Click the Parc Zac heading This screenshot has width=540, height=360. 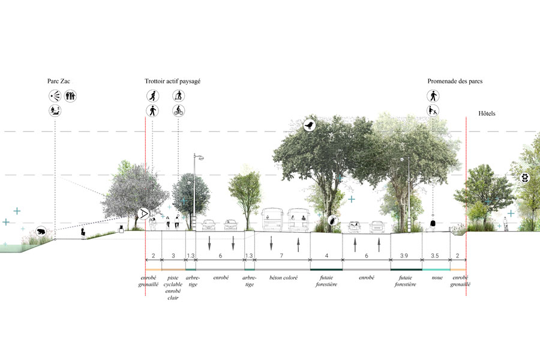pos(59,82)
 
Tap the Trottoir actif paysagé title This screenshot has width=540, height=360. pos(173,82)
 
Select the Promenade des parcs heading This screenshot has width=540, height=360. pos(455,82)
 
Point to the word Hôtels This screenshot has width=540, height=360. pos(487,113)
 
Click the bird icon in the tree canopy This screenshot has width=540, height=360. pos(310,125)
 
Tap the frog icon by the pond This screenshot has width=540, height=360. pos(41,232)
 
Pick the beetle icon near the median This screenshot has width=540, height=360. pos(333,220)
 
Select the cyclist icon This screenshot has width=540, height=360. pos(178,110)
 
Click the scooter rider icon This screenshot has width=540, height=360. pos(178,95)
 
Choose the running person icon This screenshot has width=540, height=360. pos(152,95)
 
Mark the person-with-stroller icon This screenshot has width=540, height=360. pos(433,110)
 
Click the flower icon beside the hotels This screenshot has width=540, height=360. pos(525,178)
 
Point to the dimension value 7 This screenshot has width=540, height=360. pos(281,256)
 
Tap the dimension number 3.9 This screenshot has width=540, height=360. pos(404,256)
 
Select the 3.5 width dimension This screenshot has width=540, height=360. pos(434,256)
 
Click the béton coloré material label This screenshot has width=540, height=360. pos(283,278)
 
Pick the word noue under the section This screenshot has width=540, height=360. pos(437,278)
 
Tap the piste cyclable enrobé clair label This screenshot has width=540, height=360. pos(173,287)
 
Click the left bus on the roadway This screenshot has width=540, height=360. pos(273,219)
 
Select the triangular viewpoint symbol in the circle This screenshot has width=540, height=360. pos(143,214)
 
